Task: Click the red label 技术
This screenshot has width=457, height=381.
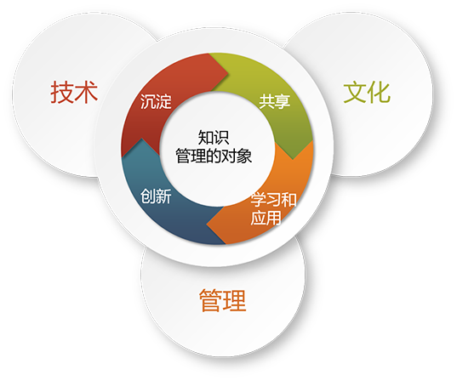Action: (74, 93)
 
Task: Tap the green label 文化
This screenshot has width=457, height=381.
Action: (367, 93)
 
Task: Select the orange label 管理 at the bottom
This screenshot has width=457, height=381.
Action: (223, 300)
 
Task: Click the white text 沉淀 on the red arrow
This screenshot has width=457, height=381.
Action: (156, 102)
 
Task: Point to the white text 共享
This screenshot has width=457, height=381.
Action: (275, 102)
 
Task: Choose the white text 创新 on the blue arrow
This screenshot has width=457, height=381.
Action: (156, 196)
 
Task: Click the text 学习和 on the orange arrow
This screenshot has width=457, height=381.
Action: (273, 200)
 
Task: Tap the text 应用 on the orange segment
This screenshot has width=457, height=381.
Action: (266, 218)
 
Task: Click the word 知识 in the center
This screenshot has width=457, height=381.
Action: (214, 138)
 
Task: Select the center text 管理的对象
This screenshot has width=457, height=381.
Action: (214, 156)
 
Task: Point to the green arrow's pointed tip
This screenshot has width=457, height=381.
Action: (293, 159)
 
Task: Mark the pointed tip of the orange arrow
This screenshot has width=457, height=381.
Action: (207, 225)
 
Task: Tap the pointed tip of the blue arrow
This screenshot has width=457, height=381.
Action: (141, 139)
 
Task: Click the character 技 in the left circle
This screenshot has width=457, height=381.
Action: (62, 93)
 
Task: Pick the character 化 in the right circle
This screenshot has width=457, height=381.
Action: (379, 93)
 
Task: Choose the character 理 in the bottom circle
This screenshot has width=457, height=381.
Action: (235, 300)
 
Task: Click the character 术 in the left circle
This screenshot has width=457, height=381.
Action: (86, 93)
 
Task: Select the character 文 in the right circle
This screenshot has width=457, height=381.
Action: (354, 93)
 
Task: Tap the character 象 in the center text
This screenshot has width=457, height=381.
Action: (244, 156)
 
